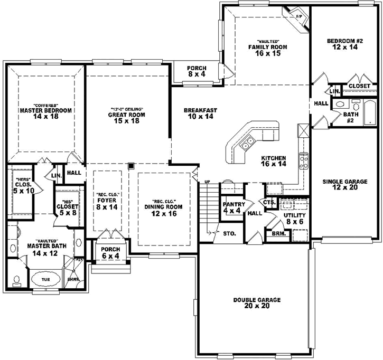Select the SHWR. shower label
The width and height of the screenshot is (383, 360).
[x=71, y=280]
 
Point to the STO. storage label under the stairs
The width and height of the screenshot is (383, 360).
[x=229, y=233]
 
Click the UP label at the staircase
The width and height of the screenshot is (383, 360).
[x=208, y=182]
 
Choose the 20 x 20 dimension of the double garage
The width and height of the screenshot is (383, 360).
[x=257, y=306]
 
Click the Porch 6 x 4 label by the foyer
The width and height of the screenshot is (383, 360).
[x=110, y=253]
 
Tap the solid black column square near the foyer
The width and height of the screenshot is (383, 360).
[x=130, y=165]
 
